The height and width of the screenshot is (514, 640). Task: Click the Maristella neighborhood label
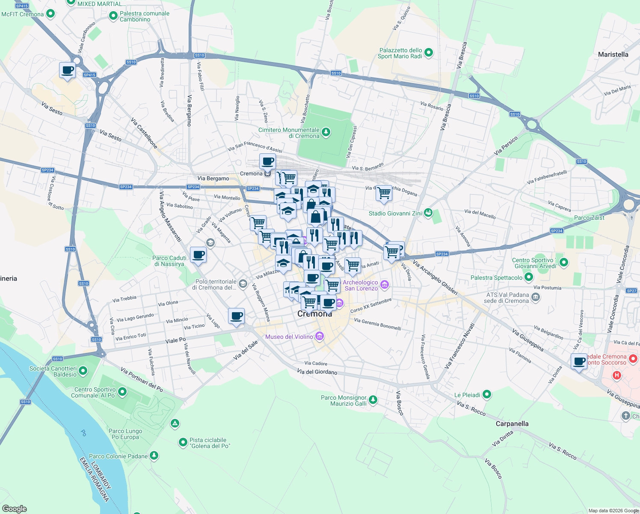tap(613, 54)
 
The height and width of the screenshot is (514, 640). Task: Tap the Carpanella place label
tap(512, 424)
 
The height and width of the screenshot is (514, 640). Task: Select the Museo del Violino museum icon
tap(320, 337)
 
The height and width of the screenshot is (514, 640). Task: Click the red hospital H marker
tap(616, 376)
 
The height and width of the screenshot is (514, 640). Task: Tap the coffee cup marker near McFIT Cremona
tap(67, 70)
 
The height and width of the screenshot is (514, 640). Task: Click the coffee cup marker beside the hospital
tap(579, 361)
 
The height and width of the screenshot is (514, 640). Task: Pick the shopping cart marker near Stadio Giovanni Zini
tap(384, 193)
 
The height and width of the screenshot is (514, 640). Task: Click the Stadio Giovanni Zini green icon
tap(428, 213)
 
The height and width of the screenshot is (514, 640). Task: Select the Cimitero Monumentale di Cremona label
tap(289, 133)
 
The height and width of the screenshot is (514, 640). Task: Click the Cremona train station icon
tap(268, 173)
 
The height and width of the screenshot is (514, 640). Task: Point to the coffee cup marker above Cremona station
tap(267, 161)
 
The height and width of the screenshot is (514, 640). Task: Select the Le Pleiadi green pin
tap(487, 394)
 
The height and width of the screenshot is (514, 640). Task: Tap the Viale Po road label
tap(175, 340)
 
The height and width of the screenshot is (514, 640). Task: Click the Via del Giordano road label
tap(317, 372)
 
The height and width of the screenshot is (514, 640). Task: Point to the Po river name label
tap(83, 433)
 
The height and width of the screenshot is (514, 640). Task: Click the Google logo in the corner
tap(14, 508)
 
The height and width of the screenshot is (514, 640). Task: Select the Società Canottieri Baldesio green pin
tap(83, 371)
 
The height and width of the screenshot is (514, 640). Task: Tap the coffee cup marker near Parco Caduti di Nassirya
tap(198, 255)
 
